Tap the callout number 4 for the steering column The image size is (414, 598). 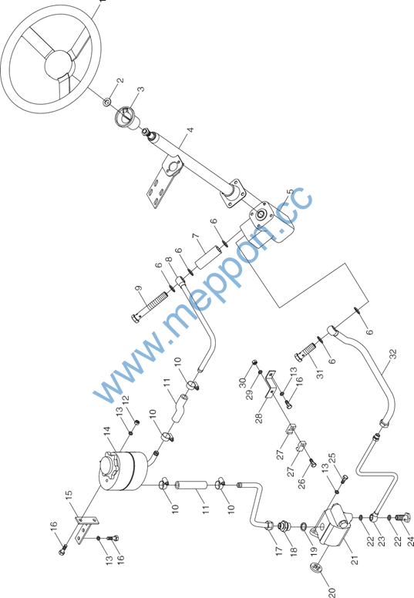(190, 129)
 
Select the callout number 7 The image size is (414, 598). (197, 236)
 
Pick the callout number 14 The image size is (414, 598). (107, 432)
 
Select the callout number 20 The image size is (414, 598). (332, 592)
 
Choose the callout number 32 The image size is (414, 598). (394, 354)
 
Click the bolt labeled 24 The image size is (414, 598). (402, 518)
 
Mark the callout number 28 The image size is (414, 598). (259, 418)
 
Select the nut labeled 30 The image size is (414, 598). (254, 361)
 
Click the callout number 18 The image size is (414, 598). (294, 552)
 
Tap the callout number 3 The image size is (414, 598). (141, 89)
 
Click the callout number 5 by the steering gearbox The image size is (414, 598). (290, 192)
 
